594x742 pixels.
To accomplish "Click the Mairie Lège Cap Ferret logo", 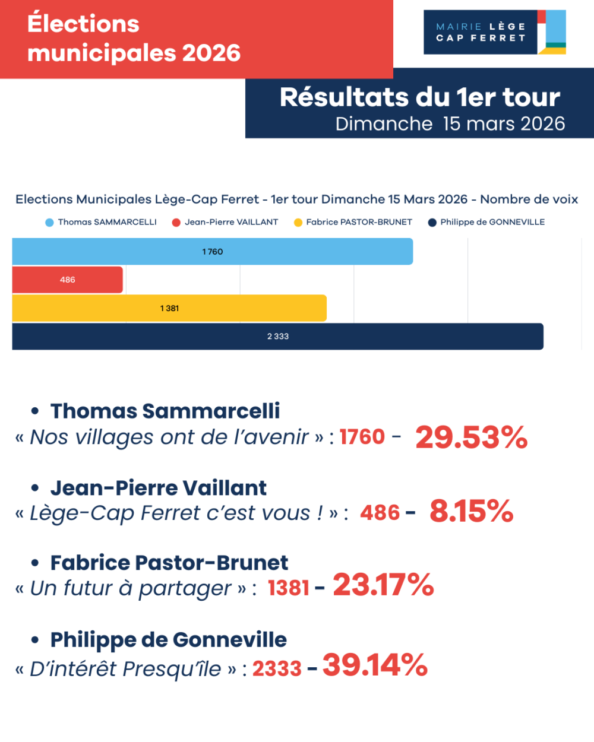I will click(x=494, y=32).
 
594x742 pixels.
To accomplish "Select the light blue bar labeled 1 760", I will click(x=212, y=252).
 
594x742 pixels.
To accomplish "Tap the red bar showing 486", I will click(x=67, y=280).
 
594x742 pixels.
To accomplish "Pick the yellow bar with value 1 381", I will click(x=169, y=308).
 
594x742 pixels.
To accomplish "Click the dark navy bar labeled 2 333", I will click(x=277, y=337).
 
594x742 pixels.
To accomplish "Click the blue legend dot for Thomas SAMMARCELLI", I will click(x=49, y=223).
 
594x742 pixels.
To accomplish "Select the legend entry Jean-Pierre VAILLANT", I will click(x=231, y=222).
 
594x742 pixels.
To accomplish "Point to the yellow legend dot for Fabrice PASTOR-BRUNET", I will click(x=298, y=223).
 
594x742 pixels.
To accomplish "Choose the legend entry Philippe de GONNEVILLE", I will click(x=492, y=222).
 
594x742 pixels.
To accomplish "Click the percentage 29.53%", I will click(x=471, y=437).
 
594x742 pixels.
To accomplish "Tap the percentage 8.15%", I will click(x=471, y=511).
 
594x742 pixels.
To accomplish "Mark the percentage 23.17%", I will click(x=383, y=585).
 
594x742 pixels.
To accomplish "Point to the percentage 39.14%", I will click(x=375, y=665).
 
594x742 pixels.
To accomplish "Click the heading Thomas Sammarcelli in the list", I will click(x=165, y=411).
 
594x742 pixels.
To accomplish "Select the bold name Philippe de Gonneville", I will click(x=168, y=640).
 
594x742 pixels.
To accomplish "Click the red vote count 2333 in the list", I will click(x=277, y=669).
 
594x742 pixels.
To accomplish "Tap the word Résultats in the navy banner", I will click(x=344, y=97).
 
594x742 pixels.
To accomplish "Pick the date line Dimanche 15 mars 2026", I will click(x=450, y=123).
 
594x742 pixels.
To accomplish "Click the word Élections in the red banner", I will click(x=83, y=24).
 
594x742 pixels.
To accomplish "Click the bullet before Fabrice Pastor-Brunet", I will click(x=35, y=563).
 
